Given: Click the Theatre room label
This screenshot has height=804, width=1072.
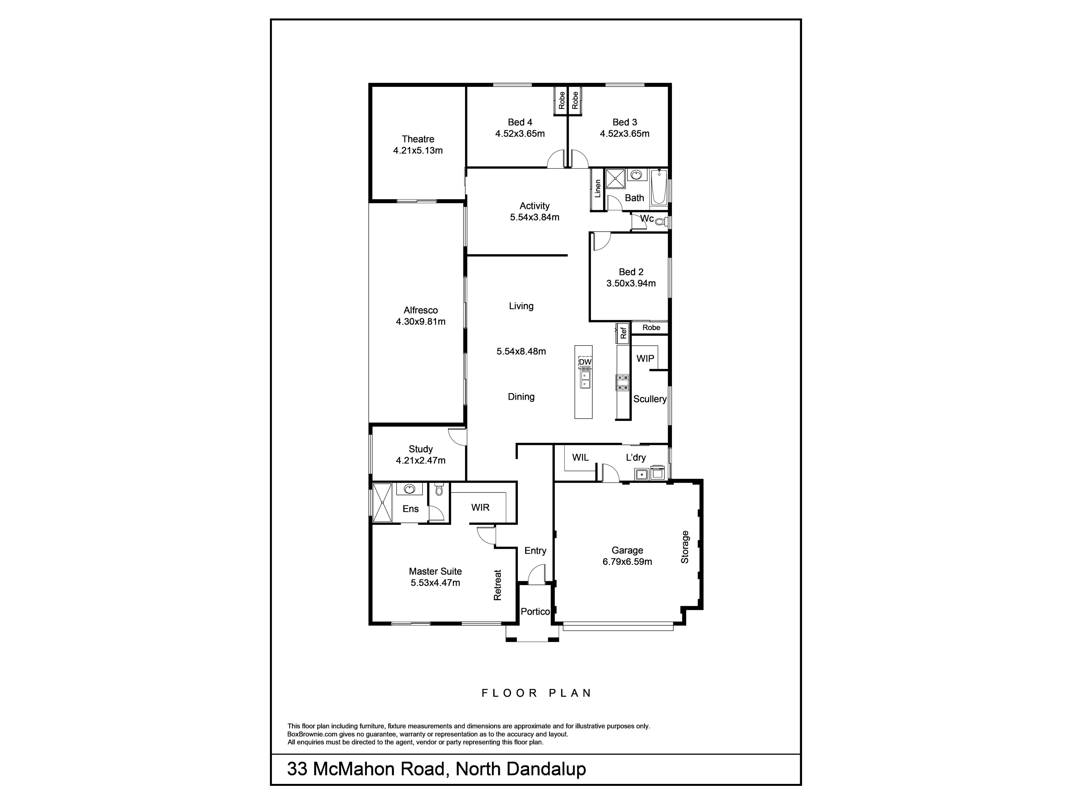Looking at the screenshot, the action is tap(418, 139).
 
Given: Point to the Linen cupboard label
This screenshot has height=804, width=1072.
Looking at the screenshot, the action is tap(597, 188).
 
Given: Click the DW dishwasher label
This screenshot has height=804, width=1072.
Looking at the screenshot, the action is tap(585, 362).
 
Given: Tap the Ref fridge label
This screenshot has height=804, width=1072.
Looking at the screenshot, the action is tap(623, 332).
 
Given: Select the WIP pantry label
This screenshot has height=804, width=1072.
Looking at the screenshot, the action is tap(645, 359).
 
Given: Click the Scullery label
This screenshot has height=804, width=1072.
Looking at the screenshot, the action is tap(650, 399).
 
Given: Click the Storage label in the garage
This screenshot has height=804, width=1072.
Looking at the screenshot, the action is tap(685, 547).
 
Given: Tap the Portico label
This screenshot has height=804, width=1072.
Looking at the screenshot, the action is tap(535, 612).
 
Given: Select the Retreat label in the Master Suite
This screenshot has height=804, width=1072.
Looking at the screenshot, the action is tap(497, 585).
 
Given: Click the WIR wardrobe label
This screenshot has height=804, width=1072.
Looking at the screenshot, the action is tap(480, 508).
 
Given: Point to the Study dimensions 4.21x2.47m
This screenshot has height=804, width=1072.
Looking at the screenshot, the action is tap(421, 460).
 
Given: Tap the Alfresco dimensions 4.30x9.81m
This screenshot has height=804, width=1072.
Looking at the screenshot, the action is tap(421, 321).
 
